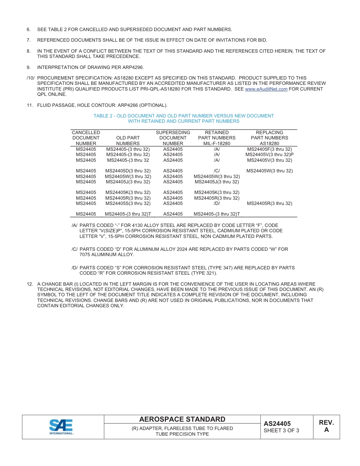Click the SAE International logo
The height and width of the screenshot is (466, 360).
[61, 427]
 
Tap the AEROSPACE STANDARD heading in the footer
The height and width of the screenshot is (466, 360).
[182, 419]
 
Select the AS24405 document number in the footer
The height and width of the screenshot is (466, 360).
[277, 424]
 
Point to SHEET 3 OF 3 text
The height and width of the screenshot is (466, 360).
[281, 431]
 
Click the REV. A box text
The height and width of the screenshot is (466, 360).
[326, 426]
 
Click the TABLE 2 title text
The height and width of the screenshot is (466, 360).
[183, 119]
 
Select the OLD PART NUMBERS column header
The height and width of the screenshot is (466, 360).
[128, 141]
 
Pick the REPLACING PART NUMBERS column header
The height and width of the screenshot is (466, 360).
[269, 138]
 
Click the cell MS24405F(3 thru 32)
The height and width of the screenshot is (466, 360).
[269, 149]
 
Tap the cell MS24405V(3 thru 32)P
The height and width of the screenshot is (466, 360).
[269, 155]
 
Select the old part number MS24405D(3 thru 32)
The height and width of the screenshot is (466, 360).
[128, 171]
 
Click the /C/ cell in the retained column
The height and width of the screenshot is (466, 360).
[217, 171]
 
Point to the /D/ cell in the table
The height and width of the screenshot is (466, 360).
[217, 203]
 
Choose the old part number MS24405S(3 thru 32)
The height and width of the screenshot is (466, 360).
[128, 203]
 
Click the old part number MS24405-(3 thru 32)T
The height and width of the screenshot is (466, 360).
[128, 214]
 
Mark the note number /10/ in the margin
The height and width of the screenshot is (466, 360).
[31, 78]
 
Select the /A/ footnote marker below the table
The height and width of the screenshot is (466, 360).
[75, 225]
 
